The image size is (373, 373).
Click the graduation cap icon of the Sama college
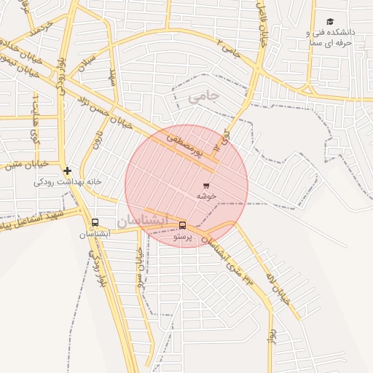tap(330, 22)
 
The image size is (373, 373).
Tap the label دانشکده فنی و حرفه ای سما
tap(329, 38)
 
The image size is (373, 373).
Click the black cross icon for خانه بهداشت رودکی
tap(67, 170)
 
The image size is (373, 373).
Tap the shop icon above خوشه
tap(206, 186)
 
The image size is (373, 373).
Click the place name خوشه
tap(206, 196)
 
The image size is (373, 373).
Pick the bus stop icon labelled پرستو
tap(182, 225)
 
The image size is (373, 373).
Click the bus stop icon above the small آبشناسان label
tap(95, 223)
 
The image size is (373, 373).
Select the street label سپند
tap(113, 76)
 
